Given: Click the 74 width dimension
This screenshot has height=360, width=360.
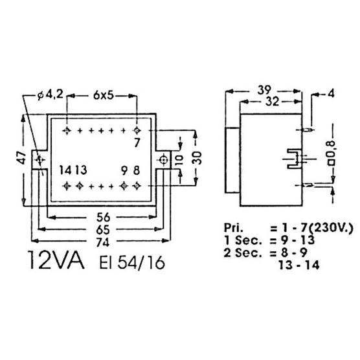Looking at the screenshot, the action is (x=103, y=242).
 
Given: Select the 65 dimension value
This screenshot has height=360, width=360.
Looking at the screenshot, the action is (x=103, y=230).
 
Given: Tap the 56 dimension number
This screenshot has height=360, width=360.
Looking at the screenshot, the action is (x=104, y=217).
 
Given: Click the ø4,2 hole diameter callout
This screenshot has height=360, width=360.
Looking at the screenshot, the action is (x=50, y=95).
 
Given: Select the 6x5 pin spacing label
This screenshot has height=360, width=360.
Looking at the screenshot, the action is (x=104, y=95).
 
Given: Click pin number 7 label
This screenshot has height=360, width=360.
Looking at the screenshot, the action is (x=137, y=143).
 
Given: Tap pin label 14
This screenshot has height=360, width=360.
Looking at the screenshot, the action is (x=63, y=170).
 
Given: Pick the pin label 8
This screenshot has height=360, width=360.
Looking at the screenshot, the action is (x=137, y=170).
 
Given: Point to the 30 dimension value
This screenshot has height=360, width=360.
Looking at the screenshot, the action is (x=197, y=158).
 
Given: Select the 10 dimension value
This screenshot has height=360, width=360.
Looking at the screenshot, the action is (x=180, y=160).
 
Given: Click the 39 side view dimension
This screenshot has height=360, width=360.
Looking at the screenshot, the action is (x=264, y=90).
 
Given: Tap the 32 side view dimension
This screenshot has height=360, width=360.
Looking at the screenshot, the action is (x=273, y=102).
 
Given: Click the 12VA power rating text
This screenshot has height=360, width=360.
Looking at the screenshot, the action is (x=56, y=260).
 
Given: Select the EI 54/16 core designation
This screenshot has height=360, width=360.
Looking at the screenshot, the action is (x=132, y=262).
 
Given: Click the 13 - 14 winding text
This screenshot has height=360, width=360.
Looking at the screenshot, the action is (x=299, y=265).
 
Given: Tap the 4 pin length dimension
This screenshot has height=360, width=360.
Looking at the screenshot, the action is (x=331, y=93).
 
